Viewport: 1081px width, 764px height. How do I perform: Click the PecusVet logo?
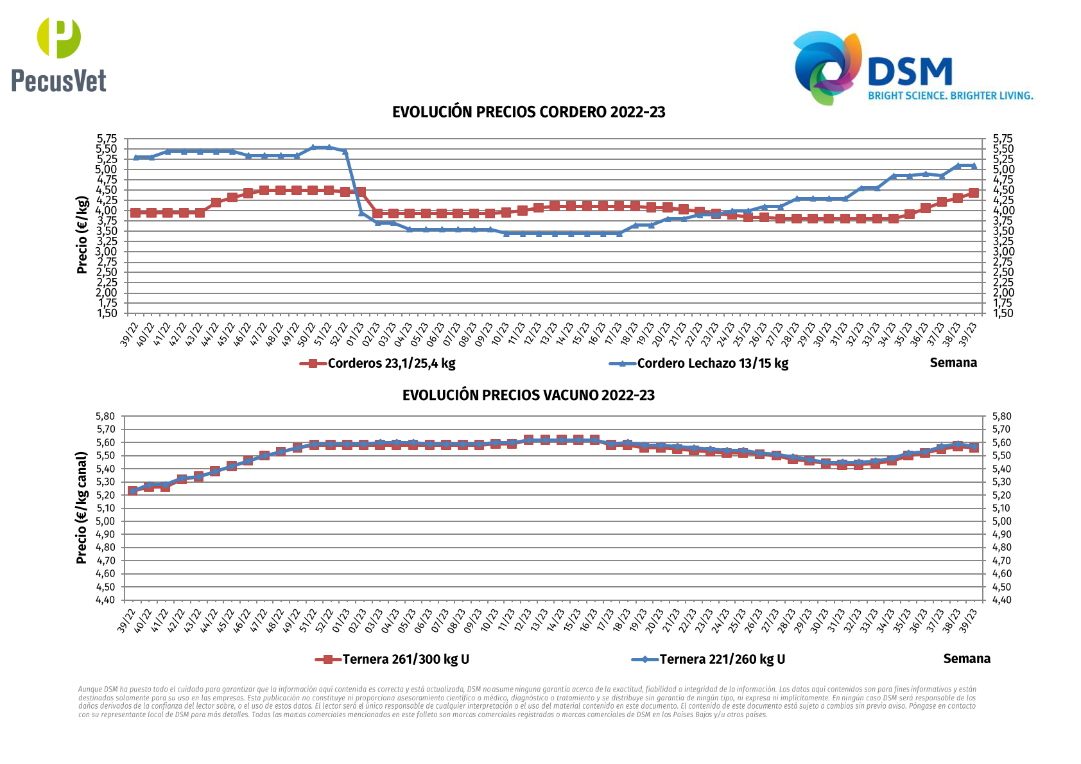(x=58, y=55)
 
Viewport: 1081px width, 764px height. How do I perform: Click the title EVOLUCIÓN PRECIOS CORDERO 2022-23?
(x=528, y=112)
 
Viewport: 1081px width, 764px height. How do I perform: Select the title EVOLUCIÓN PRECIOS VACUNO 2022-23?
(x=528, y=395)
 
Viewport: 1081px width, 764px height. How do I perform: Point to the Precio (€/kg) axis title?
(x=82, y=235)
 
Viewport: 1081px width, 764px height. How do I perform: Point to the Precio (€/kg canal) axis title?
(x=82, y=508)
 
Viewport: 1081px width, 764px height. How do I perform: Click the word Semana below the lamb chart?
(x=953, y=363)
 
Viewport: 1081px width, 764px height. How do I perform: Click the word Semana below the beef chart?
(x=967, y=659)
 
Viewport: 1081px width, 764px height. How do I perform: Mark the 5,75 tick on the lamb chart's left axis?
(x=107, y=139)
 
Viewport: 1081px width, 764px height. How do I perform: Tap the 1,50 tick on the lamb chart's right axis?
(x=1003, y=313)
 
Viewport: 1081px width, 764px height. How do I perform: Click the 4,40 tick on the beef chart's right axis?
(x=1003, y=600)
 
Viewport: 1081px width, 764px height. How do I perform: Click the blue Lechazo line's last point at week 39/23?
(x=974, y=166)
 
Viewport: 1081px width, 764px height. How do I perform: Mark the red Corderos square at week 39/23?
(x=974, y=193)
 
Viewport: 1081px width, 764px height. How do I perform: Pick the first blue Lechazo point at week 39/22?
(x=135, y=157)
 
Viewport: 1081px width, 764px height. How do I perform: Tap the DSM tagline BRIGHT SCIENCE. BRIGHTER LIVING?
(x=950, y=96)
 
